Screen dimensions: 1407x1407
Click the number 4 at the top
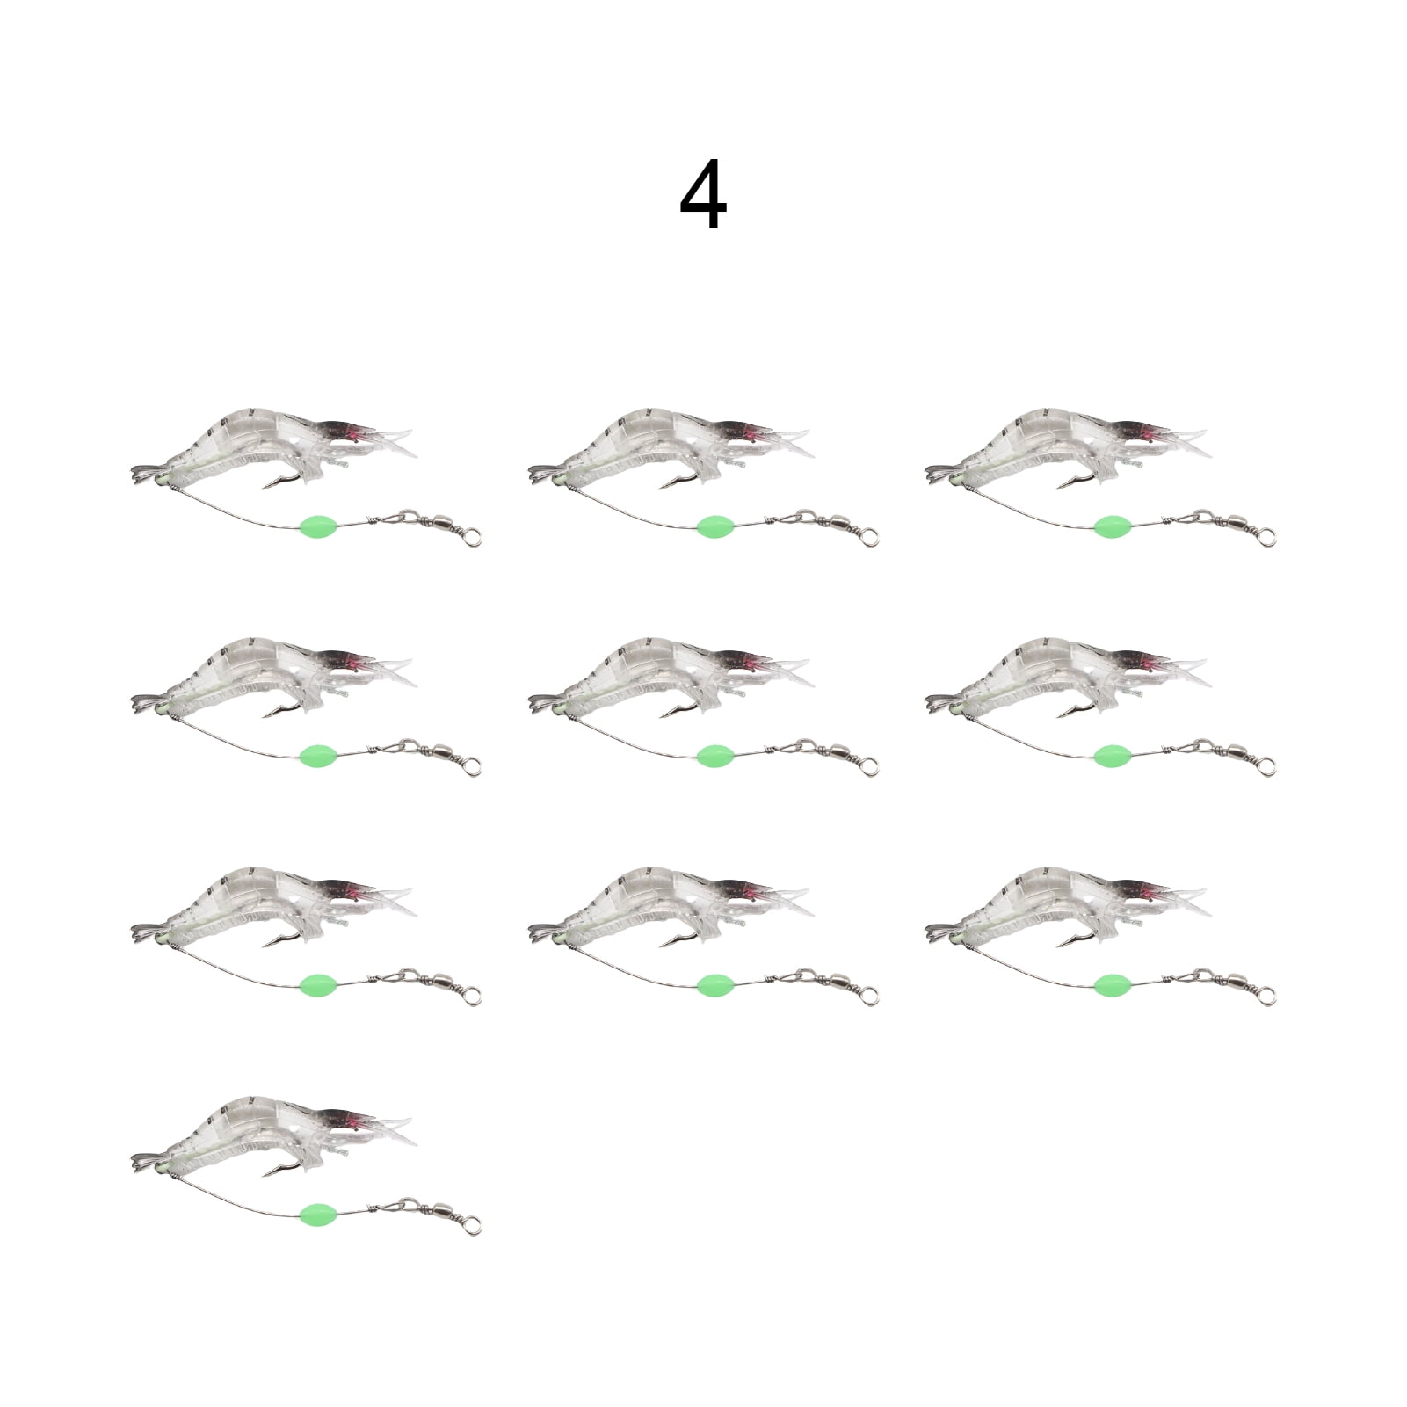pos(703,195)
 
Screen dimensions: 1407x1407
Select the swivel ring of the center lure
pos(868,764)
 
